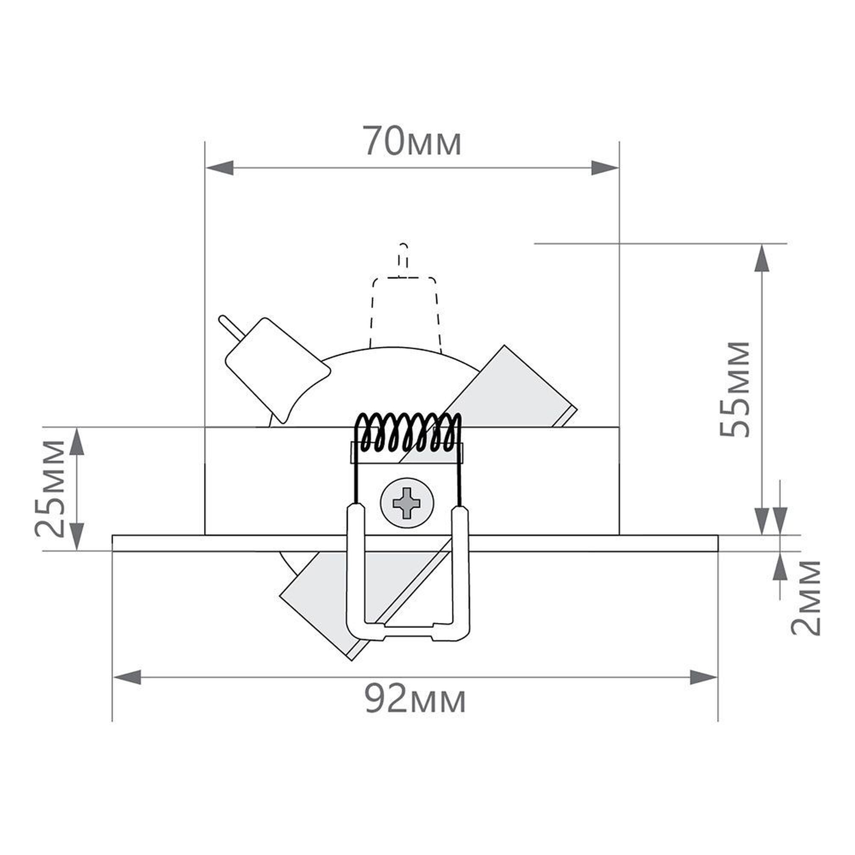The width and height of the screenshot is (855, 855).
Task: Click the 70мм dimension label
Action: click(x=412, y=141)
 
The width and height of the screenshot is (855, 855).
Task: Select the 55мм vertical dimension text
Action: click(x=734, y=389)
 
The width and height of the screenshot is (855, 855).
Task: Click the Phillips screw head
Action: click(x=407, y=503)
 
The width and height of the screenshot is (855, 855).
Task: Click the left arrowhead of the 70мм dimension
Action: click(x=220, y=168)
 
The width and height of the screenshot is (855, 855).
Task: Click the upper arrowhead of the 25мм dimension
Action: click(x=77, y=441)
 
